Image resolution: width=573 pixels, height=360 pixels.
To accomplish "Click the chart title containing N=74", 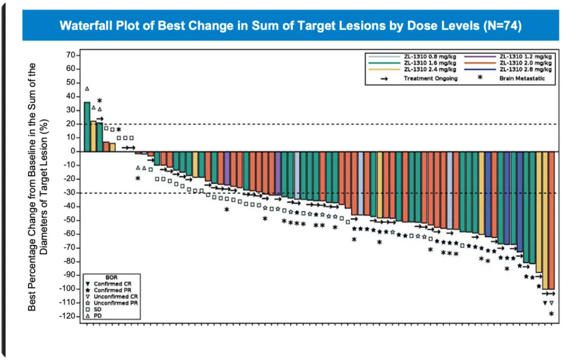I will tap(290, 25).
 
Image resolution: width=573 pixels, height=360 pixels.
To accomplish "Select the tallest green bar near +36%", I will tap(87, 127).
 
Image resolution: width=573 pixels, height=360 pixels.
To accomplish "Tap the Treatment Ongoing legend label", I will tap(430, 78).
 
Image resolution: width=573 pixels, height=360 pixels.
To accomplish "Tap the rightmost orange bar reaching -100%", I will tap(551, 220).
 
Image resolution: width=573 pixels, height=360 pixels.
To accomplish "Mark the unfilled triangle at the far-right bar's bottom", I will tap(551, 303).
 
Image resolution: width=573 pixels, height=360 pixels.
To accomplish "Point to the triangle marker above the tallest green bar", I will tap(87, 89).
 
